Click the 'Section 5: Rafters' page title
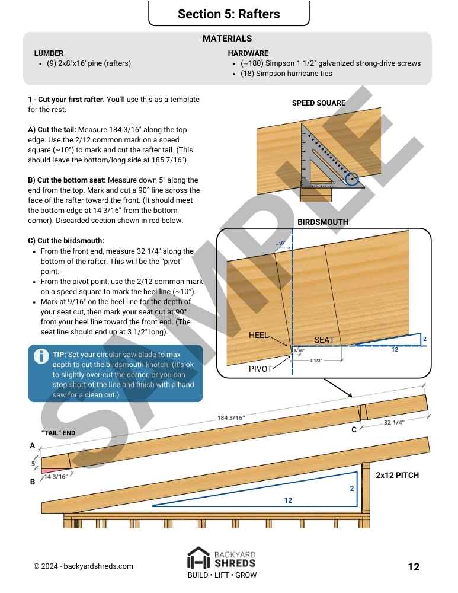click(x=229, y=14)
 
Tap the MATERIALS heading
click(x=227, y=39)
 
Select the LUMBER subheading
click(x=49, y=53)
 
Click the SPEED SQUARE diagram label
click(x=318, y=103)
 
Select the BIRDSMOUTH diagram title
click(x=322, y=222)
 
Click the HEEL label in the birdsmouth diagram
click(x=259, y=335)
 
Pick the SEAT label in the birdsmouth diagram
click(x=324, y=340)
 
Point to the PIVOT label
click(x=260, y=369)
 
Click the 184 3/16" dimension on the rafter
click(x=231, y=419)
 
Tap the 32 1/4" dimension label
click(x=395, y=423)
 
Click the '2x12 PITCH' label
click(x=397, y=476)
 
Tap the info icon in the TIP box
click(x=41, y=356)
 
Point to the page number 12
click(x=414, y=567)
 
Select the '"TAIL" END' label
click(x=58, y=433)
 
